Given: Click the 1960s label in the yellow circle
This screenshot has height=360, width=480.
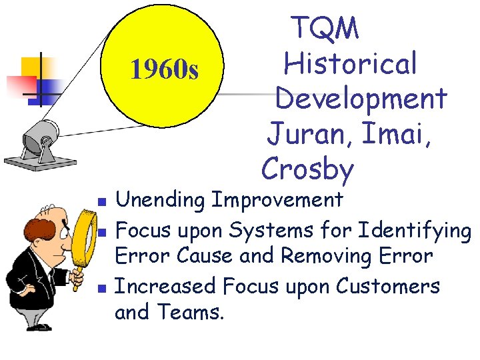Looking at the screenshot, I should (164, 69).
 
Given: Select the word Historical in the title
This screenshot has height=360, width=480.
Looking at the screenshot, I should (351, 64).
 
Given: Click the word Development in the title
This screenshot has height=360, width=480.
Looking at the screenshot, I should (361, 99).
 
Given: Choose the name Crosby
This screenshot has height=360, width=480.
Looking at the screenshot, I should (307, 169).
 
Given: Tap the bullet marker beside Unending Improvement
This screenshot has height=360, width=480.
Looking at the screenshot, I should (101, 201).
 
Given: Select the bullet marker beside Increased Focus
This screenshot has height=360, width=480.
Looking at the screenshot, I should (101, 288).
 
